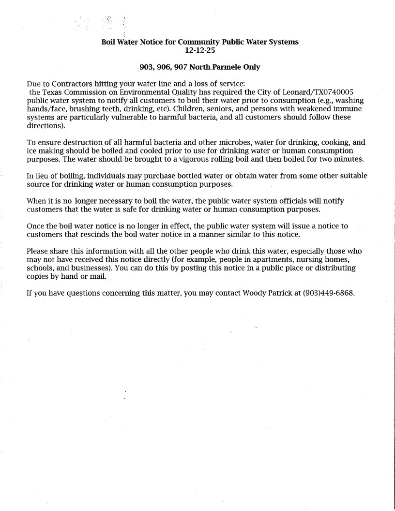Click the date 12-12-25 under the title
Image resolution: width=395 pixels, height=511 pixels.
tap(199, 49)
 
